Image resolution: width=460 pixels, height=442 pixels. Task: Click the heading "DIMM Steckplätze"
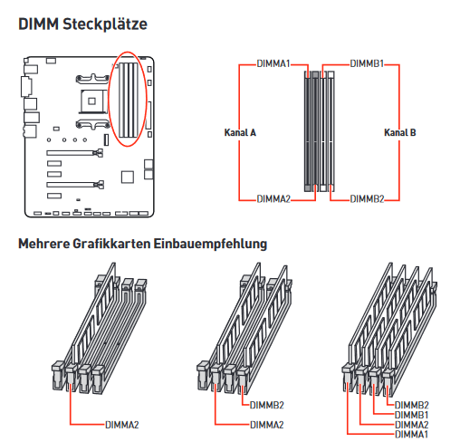82,24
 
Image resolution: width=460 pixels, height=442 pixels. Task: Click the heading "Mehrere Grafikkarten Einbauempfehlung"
143,244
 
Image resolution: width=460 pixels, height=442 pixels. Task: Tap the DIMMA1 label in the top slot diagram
273,63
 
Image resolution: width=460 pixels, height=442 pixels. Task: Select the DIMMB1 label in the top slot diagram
367,63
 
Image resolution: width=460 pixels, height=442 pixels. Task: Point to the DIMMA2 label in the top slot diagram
273,199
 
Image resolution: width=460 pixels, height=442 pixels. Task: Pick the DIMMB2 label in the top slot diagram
367,199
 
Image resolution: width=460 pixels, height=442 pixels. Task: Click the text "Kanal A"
240,132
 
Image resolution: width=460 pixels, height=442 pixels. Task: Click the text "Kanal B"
400,132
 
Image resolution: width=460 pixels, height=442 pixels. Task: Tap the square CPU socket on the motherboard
91,101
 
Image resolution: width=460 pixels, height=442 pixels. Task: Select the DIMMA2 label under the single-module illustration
122,425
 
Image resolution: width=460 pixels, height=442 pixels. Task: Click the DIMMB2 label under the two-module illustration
267,405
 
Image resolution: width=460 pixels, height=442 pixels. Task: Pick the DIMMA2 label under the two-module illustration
267,425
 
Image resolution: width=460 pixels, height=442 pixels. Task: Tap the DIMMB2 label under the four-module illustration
412,405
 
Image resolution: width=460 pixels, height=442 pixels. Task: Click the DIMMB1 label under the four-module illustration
412,415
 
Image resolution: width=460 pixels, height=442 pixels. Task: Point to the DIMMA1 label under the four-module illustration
412,434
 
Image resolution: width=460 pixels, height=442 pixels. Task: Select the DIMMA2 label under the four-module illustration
412,425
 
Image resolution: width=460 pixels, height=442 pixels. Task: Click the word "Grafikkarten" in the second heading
111,244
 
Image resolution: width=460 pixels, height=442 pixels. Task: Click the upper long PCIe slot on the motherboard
75,153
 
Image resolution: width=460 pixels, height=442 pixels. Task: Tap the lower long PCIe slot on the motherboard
75,184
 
